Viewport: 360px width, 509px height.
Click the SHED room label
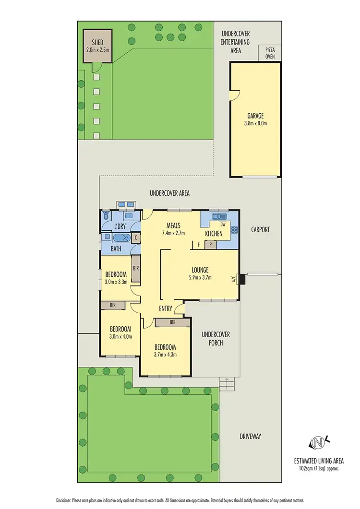point(97,43)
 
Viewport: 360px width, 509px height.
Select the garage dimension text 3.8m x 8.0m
point(255,123)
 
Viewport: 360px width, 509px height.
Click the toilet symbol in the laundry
point(106,217)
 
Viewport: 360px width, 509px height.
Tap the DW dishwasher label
point(222,224)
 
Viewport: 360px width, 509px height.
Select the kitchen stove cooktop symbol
point(234,230)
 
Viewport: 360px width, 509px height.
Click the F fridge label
point(198,245)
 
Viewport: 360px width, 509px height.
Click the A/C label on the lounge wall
point(234,279)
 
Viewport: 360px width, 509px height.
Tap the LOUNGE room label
point(199,270)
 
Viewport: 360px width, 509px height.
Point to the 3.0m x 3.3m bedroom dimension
point(116,282)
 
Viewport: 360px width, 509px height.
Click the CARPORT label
point(260,230)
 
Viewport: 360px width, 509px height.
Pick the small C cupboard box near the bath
point(136,237)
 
